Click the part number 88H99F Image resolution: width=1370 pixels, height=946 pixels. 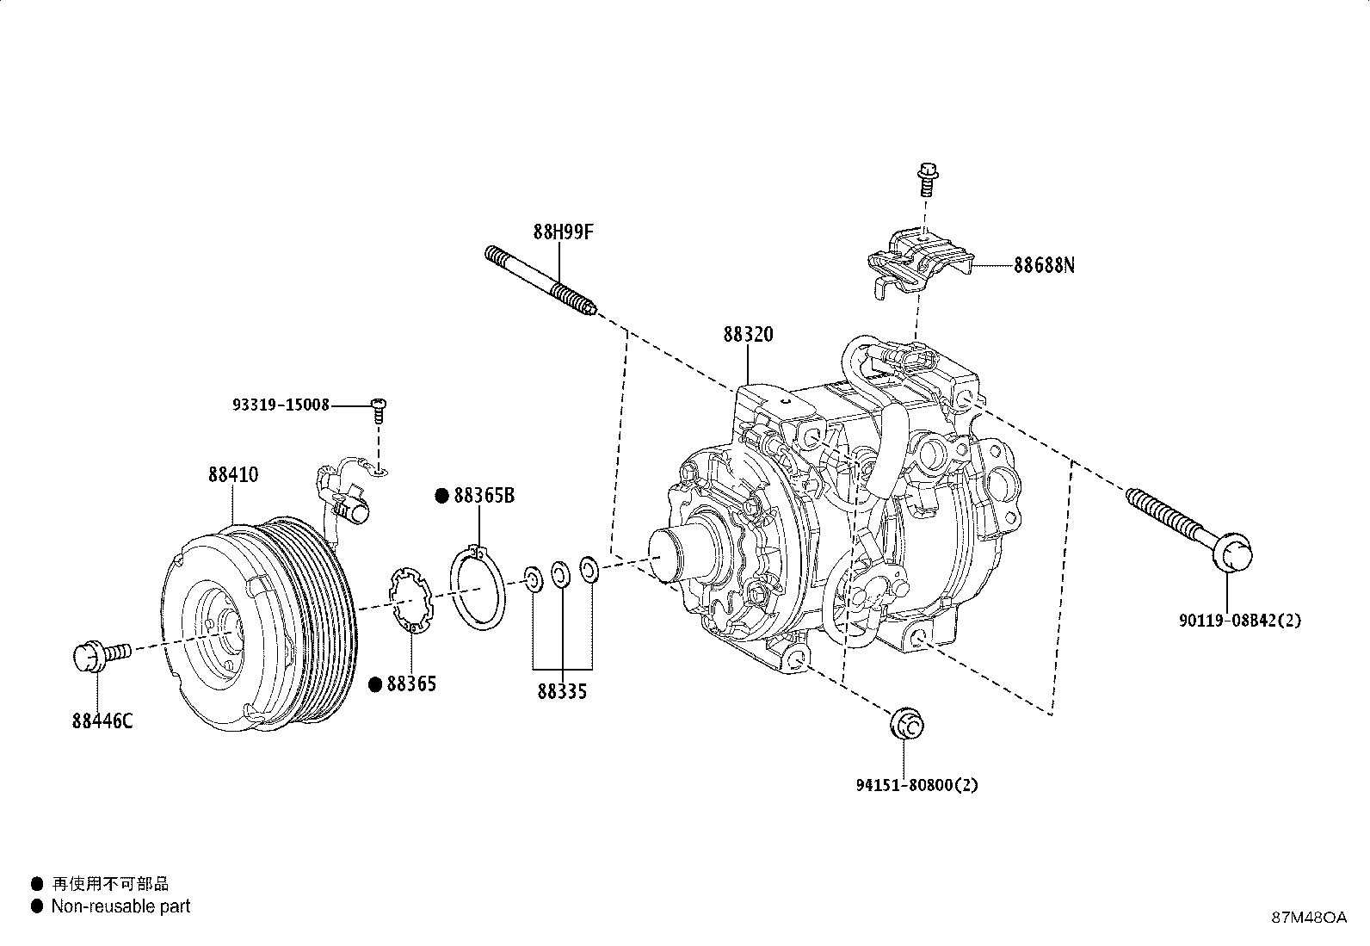pyautogui.click(x=564, y=232)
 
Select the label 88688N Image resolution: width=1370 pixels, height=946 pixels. pyautogui.click(x=1044, y=265)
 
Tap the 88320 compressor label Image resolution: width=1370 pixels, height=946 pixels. pyautogui.click(x=748, y=334)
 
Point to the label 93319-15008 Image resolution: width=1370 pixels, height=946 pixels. pyautogui.click(x=281, y=405)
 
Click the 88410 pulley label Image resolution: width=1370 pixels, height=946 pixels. pyautogui.click(x=232, y=474)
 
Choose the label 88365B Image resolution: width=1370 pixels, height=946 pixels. pyautogui.click(x=484, y=496)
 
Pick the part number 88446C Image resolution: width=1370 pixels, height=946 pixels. pyautogui.click(x=102, y=720)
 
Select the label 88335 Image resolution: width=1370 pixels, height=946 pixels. pyautogui.click(x=562, y=691)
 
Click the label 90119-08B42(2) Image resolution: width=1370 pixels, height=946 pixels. pyautogui.click(x=1239, y=620)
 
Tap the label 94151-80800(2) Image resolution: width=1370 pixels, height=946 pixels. pyautogui.click(x=916, y=785)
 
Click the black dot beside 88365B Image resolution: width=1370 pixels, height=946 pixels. pyautogui.click(x=441, y=496)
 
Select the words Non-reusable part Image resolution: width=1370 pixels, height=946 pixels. pyautogui.click(x=120, y=906)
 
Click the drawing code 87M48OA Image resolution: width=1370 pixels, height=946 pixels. pyautogui.click(x=1309, y=918)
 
